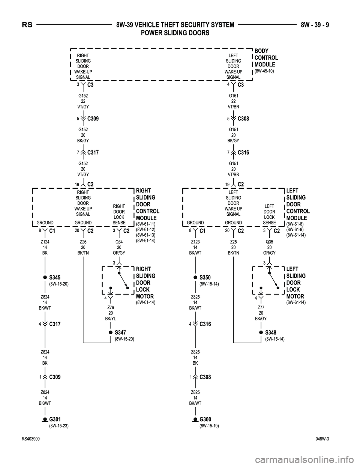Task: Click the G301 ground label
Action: point(55,419)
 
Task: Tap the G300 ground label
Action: point(205,419)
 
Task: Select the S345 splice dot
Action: point(45,277)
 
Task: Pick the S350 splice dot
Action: point(195,277)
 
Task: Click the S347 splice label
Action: point(120,332)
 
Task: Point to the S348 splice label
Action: point(270,332)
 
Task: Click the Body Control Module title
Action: point(266,58)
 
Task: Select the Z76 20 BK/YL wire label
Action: point(111,313)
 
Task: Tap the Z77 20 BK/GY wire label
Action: point(261,313)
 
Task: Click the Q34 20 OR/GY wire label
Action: point(119,247)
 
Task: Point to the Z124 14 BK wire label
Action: point(45,247)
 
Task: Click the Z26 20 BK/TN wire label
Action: point(83,247)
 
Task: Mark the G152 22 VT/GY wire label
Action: point(83,101)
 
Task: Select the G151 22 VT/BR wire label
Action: point(233,101)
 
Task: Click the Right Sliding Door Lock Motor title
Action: point(145,283)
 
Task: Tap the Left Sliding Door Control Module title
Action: point(298,204)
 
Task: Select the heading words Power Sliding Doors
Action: point(175,33)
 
